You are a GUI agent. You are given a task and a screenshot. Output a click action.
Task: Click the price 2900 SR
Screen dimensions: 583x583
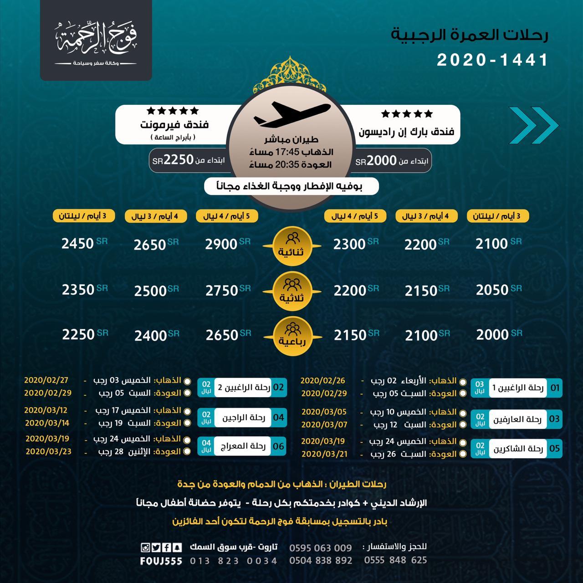pos(221,244)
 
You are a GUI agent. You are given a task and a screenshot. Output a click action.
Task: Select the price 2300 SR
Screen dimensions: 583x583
pos(350,245)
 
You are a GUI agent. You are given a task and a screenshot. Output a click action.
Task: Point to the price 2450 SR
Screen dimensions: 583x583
pos(78,244)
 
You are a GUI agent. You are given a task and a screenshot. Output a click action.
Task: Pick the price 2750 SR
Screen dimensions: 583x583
pos(222,291)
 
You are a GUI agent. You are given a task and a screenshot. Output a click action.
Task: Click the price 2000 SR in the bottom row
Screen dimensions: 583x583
pos(492,335)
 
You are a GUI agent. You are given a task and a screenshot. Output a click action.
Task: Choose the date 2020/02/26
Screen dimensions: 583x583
pos(323,380)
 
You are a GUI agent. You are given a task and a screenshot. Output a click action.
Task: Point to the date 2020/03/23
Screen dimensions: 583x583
pos(48,452)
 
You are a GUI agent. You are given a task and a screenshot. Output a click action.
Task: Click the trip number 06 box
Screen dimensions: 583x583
pos(278,446)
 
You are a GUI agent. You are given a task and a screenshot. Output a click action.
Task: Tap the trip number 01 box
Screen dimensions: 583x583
pos(555,389)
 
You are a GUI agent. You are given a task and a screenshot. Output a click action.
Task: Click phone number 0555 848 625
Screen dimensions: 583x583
pos(395,560)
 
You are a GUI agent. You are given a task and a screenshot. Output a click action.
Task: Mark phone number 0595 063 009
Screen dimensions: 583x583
pos(321,548)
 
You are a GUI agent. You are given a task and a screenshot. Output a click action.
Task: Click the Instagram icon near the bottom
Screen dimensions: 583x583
pos(145,547)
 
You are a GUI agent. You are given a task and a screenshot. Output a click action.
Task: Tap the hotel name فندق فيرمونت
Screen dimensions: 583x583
pos(176,124)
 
